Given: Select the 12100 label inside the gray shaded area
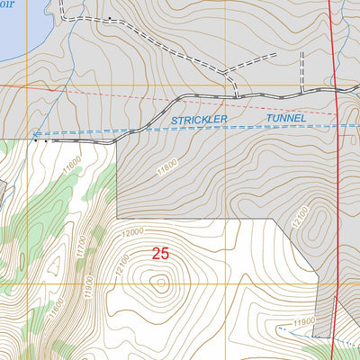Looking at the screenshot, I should point(301,216).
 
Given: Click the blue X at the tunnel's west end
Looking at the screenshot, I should point(35,136).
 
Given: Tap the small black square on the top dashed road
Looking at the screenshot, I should point(109,18).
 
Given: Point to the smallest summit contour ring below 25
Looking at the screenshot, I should point(161,285).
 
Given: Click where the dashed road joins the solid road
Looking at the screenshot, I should point(237,94).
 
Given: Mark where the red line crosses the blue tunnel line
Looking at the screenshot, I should point(337,125).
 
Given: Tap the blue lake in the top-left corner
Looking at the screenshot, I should point(13,31).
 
